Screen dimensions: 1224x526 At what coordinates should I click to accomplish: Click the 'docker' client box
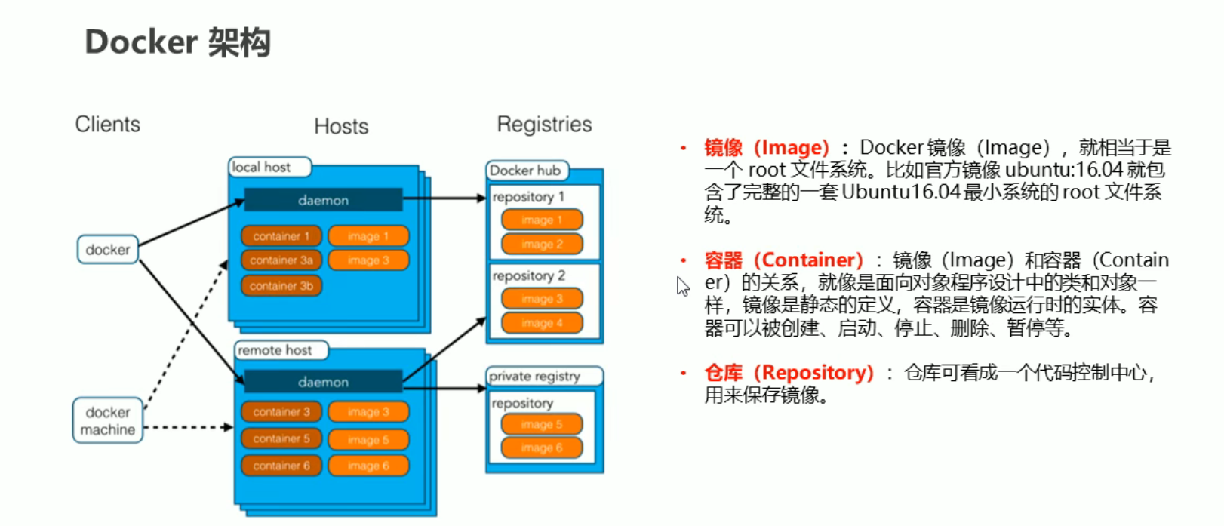coord(108,250)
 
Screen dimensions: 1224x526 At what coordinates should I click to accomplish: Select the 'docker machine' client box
coord(108,420)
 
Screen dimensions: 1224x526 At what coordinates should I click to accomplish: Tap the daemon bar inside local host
coord(323,200)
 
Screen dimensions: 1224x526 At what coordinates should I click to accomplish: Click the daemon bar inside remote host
coord(323,381)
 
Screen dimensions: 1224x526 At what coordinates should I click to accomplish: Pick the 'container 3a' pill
coord(281,260)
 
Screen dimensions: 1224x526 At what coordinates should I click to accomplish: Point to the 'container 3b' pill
coord(281,286)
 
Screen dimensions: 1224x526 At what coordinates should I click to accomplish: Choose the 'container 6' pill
coord(281,466)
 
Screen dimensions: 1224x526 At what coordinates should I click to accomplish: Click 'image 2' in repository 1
coord(542,244)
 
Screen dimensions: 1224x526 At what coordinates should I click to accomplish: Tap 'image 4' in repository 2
coord(542,323)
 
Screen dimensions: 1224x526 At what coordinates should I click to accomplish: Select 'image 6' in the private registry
coord(542,448)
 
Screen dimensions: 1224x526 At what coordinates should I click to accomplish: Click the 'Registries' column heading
coord(544,125)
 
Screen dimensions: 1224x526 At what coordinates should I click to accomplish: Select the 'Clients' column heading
coord(108,124)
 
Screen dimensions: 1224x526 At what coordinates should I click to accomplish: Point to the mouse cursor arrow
coord(682,286)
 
